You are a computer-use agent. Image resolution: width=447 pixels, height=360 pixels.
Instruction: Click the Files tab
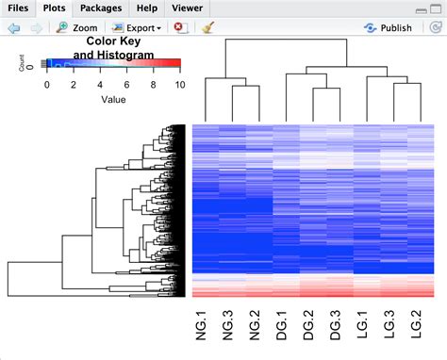pyautogui.click(x=18, y=8)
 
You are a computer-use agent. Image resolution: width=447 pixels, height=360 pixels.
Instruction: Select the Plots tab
pyautogui.click(x=54, y=8)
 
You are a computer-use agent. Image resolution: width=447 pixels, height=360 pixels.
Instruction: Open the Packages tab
pyautogui.click(x=101, y=8)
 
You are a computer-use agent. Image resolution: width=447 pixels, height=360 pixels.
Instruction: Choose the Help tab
pyautogui.click(x=147, y=8)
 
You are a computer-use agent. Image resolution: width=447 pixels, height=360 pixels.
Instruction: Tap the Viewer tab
pyautogui.click(x=187, y=8)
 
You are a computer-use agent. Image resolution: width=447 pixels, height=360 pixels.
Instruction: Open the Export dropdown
pyautogui.click(x=136, y=28)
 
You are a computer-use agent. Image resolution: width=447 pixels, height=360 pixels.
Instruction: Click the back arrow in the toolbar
pyautogui.click(x=14, y=28)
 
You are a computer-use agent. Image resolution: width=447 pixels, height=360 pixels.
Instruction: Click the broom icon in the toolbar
pyautogui.click(x=206, y=28)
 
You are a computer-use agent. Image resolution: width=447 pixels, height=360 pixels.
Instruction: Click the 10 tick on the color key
pyautogui.click(x=179, y=84)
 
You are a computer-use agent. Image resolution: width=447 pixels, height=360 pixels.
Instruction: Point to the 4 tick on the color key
pyautogui.click(x=100, y=84)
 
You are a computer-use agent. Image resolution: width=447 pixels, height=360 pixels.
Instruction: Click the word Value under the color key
pyautogui.click(x=113, y=97)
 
